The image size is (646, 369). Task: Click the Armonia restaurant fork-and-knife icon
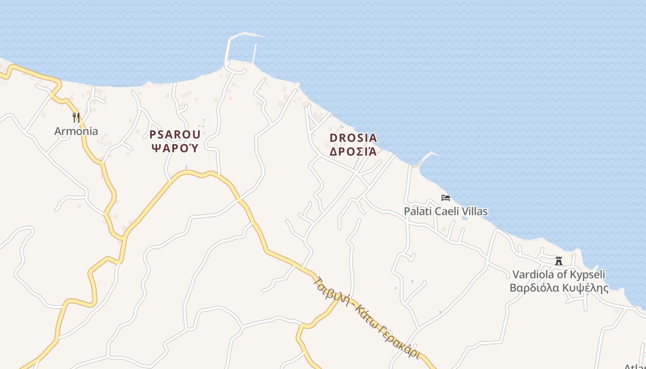[x=76, y=118]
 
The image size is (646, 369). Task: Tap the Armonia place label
[x=76, y=131]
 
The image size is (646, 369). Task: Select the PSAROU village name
[x=175, y=135]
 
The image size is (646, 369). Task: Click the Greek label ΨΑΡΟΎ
[x=175, y=148]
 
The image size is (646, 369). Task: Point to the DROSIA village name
[x=353, y=138]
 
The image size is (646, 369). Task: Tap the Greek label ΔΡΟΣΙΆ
[x=353, y=151]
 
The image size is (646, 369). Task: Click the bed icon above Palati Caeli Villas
[x=446, y=198]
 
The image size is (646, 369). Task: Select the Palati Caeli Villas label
[x=446, y=211]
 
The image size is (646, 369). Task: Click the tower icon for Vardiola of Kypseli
[x=559, y=261]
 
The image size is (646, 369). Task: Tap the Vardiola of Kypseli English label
[x=559, y=274]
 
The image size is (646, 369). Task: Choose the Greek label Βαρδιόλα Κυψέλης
[x=559, y=288]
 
